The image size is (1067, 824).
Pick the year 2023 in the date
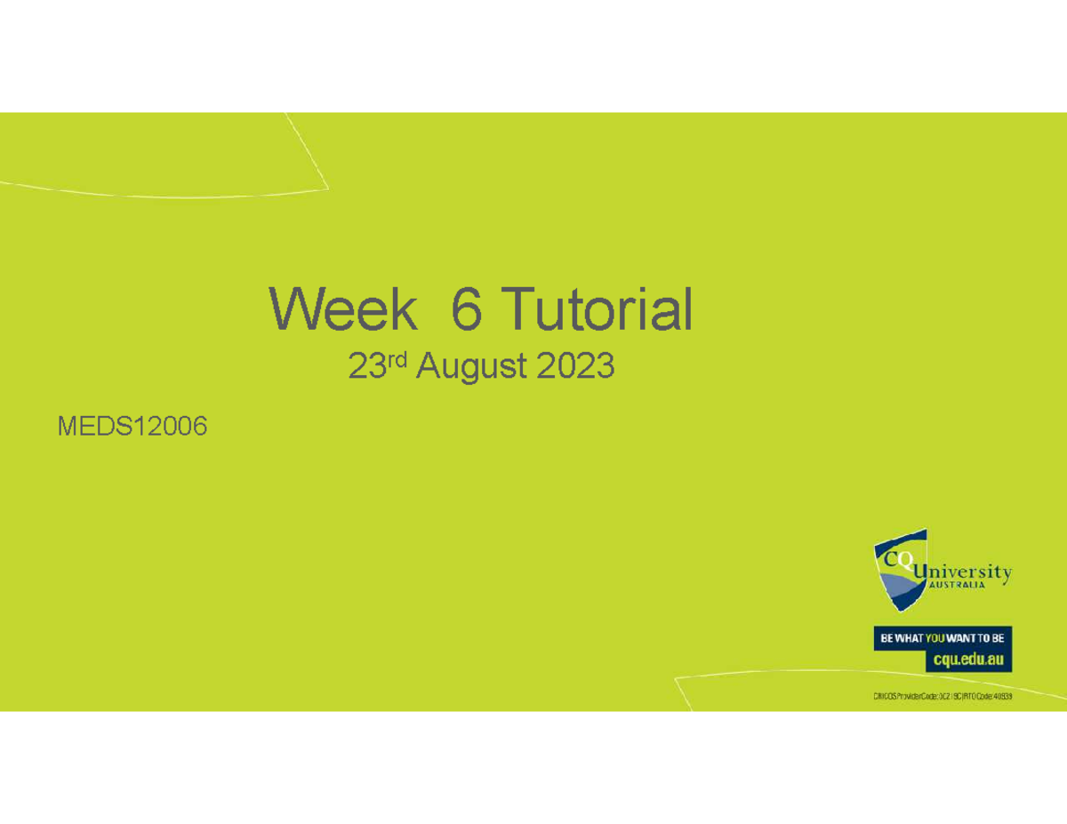click(575, 366)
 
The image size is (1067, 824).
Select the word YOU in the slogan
click(938, 638)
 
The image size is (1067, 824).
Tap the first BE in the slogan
click(886, 638)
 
